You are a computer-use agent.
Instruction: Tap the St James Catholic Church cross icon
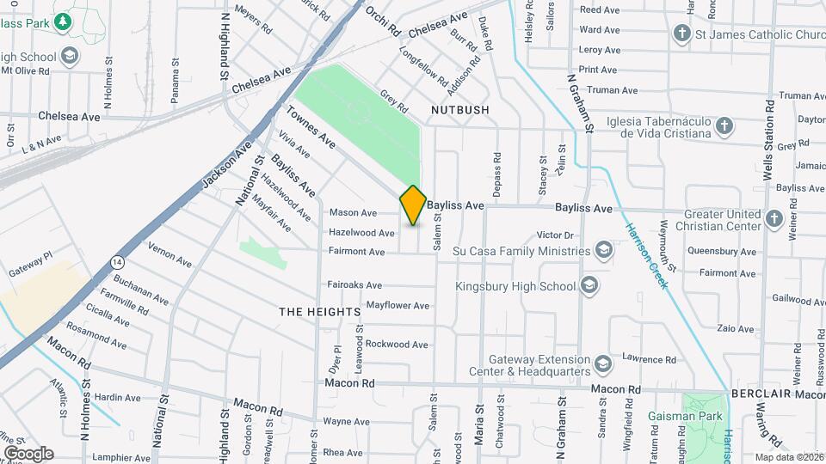click(682, 34)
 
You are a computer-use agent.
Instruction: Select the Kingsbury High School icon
click(589, 285)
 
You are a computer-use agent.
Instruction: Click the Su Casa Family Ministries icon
click(604, 250)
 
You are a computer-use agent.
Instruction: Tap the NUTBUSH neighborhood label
click(459, 110)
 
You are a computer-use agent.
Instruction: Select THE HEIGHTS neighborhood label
click(318, 312)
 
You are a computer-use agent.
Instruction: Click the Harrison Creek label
click(645, 256)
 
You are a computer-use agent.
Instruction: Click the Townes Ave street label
click(311, 125)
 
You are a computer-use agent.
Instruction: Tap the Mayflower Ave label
click(398, 305)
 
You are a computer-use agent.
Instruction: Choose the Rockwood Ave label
click(397, 345)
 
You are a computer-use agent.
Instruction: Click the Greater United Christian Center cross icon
click(774, 218)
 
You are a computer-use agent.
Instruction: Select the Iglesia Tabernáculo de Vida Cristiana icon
click(724, 126)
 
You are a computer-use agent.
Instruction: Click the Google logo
click(28, 454)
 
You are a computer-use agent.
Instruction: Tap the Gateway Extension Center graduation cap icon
click(602, 364)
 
